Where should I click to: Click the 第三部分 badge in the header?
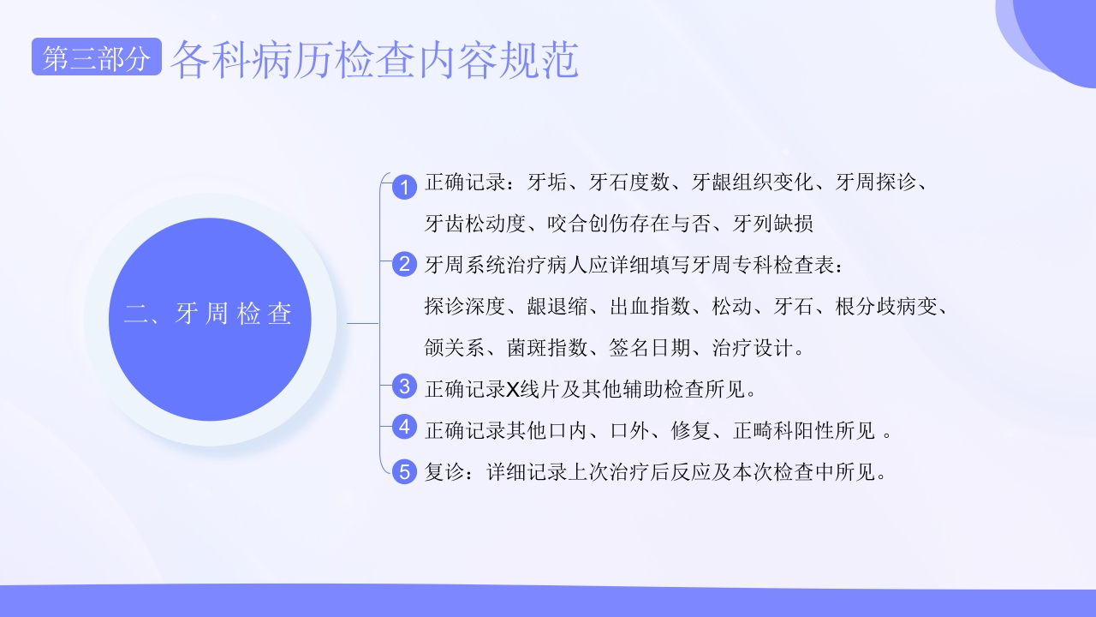pos(96,58)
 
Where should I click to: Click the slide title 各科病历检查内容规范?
pos(375,60)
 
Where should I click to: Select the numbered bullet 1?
pos(404,186)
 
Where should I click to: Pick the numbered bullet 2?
pos(404,264)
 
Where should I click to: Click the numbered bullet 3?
pos(404,386)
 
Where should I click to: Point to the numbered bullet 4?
pos(404,427)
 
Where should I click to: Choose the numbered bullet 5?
pos(404,470)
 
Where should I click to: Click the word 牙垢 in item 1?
pos(548,183)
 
